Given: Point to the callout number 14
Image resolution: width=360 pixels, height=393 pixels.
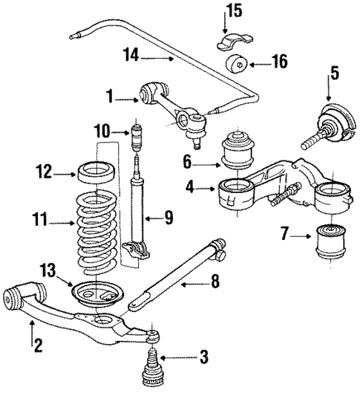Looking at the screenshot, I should click(x=131, y=54).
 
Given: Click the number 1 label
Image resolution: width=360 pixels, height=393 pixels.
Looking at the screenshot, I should click(x=110, y=95).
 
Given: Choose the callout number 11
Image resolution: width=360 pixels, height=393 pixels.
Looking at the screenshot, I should click(x=42, y=221).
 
